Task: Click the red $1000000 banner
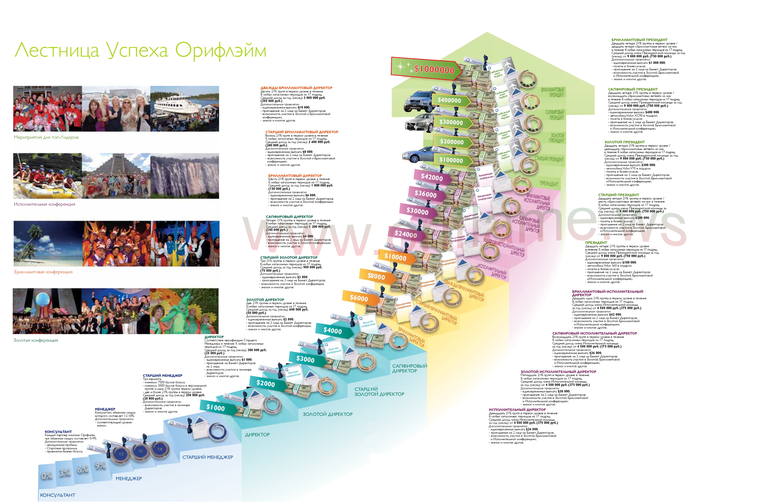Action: click(x=426, y=69)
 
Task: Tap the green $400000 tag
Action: click(x=450, y=101)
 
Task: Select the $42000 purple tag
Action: click(x=431, y=177)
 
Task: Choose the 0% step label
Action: click(x=47, y=476)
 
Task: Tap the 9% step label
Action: click(x=100, y=466)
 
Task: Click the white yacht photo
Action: click(x=185, y=108)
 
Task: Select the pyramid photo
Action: click(x=116, y=176)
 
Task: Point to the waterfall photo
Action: click(x=185, y=176)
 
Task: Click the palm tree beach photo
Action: click(x=48, y=243)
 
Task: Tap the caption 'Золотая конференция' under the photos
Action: click(x=36, y=340)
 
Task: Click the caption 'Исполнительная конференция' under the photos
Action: click(x=44, y=204)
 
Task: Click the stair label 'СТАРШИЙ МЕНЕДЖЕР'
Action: click(x=208, y=457)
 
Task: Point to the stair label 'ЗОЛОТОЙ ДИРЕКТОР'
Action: click(x=328, y=414)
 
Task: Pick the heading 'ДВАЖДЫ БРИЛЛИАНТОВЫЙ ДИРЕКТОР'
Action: click(x=296, y=88)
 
